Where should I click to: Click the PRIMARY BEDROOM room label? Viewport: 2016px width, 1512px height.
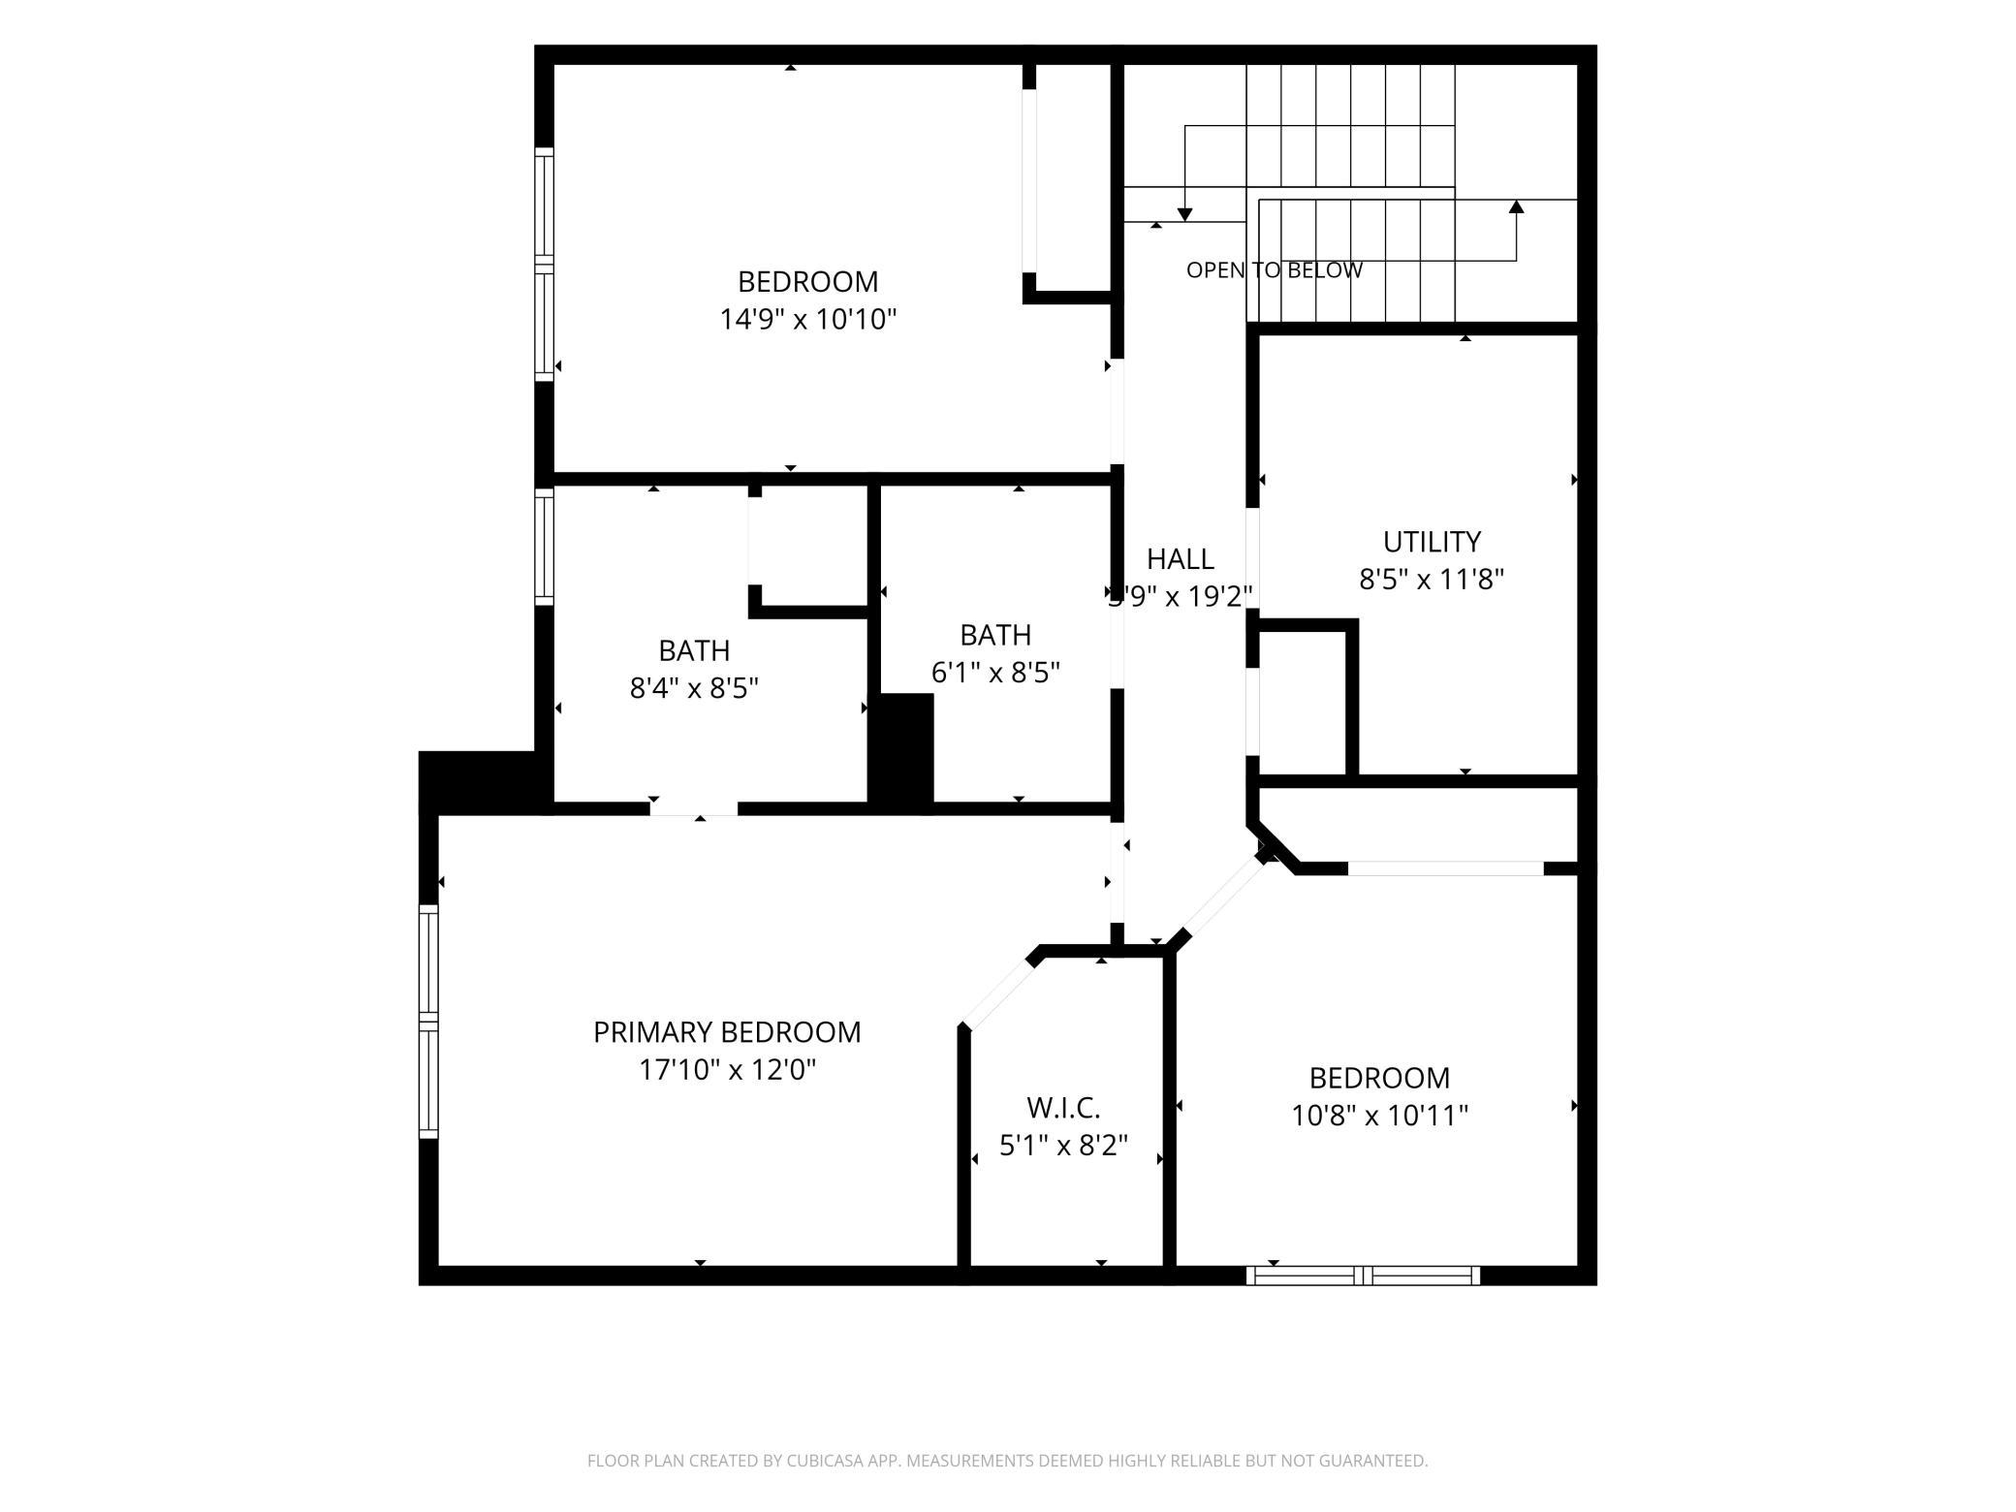(727, 1032)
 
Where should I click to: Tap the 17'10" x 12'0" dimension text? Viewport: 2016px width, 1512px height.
(727, 1070)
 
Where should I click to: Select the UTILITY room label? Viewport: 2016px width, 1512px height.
(1432, 542)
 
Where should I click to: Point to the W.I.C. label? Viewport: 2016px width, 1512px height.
(1063, 1108)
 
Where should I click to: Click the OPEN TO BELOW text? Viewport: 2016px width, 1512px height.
(1275, 270)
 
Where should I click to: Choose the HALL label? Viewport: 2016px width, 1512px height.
(1181, 559)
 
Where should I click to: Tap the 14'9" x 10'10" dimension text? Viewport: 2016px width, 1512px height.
(808, 319)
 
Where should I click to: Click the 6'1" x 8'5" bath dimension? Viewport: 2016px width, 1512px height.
(995, 673)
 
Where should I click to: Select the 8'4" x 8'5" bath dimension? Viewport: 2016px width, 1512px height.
(694, 688)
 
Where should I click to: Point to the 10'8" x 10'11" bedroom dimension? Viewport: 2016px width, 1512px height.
(1379, 1116)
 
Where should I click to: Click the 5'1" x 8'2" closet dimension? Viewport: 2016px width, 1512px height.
(1063, 1146)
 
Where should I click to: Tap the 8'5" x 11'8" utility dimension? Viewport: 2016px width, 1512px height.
(1432, 580)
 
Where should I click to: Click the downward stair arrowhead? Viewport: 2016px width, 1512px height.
(1184, 214)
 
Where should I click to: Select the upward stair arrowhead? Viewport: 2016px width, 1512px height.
(1517, 206)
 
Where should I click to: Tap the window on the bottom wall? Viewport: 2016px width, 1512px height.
(1364, 1276)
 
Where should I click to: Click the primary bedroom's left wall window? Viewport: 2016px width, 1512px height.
(428, 1022)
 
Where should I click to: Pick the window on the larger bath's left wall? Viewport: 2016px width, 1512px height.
(545, 547)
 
